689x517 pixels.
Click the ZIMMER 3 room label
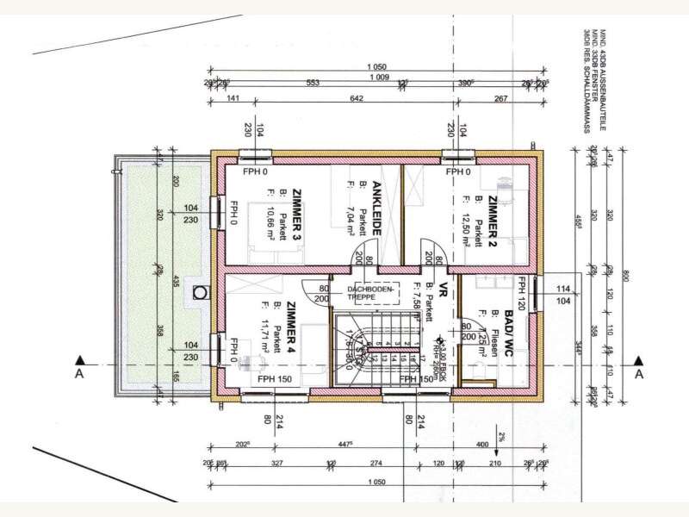pos(296,212)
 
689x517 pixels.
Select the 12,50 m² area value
pos(465,223)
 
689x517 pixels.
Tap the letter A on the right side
pos(639,376)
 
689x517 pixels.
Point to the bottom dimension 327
pos(275,463)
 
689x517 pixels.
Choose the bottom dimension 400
pos(481,445)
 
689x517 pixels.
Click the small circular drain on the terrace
pos(202,291)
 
